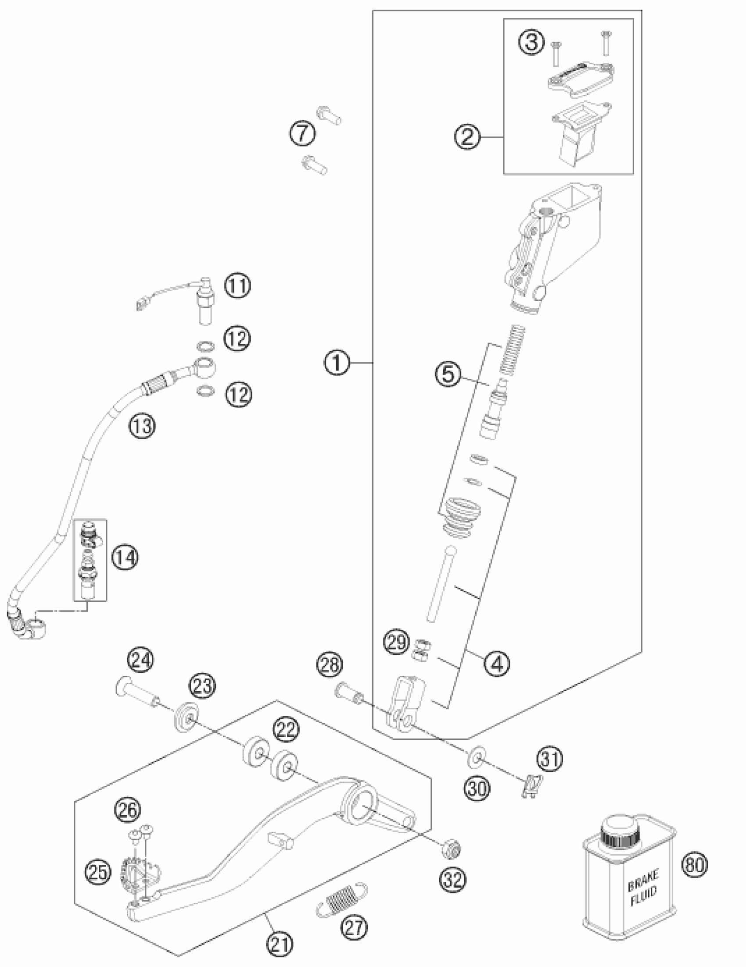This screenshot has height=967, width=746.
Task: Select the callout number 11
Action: (x=237, y=286)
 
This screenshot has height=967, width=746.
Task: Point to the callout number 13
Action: (x=142, y=427)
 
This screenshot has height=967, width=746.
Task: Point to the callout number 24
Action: (x=141, y=661)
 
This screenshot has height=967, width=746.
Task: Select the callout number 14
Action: (x=125, y=558)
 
